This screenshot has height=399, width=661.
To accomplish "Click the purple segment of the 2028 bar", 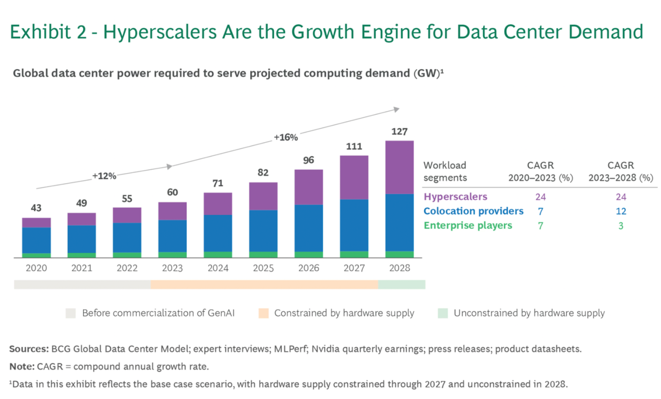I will [399, 167].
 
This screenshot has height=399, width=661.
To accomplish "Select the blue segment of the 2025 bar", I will [263, 231].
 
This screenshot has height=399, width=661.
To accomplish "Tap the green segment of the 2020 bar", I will [36, 255].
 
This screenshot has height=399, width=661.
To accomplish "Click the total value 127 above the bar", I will [399, 132].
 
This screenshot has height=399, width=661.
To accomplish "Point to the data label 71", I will [218, 183].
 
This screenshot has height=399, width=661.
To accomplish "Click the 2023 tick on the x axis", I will [172, 268].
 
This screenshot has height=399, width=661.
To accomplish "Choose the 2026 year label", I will [309, 268].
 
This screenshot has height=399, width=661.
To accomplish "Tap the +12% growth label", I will [104, 176].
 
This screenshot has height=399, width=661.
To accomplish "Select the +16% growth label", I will [286, 138].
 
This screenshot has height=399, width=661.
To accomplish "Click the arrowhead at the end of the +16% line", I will [397, 109].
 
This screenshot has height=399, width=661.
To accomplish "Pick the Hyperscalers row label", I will [455, 197].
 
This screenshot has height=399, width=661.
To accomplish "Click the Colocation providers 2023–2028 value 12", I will [621, 211].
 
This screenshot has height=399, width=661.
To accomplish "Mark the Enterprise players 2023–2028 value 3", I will [621, 226].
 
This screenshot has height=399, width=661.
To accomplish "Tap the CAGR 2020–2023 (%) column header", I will [540, 171].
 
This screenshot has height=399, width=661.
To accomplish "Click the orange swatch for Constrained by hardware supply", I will [263, 313].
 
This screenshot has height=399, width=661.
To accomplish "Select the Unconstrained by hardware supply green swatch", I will [443, 313].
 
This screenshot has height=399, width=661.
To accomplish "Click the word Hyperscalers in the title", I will [160, 32].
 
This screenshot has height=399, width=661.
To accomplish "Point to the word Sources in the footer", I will [29, 349].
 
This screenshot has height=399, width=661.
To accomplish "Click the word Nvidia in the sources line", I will [325, 349].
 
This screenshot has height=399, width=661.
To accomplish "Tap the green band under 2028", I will [402, 285].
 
